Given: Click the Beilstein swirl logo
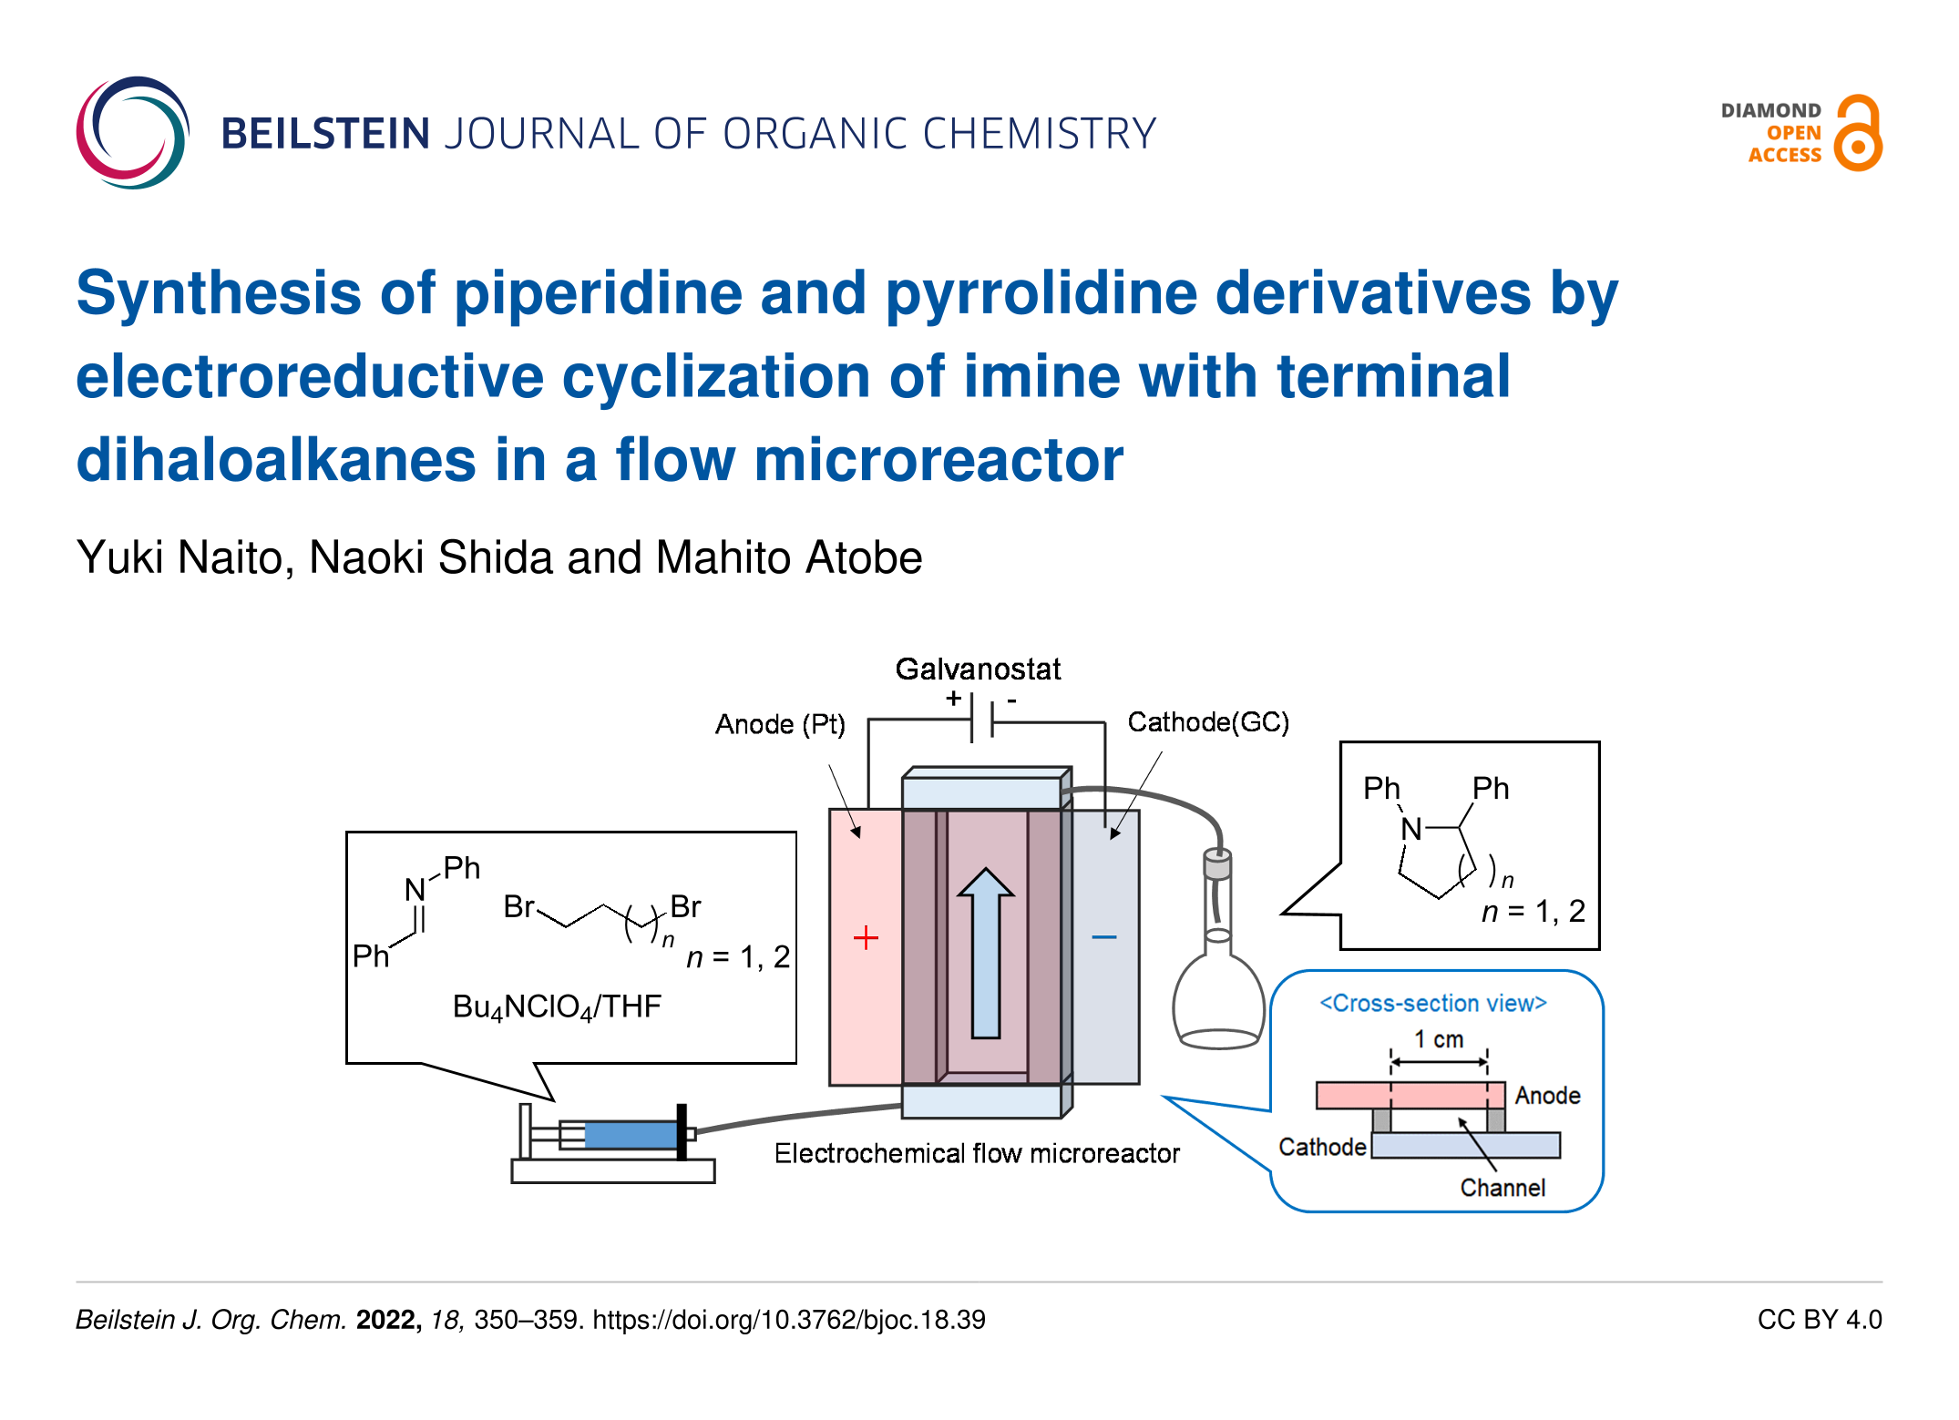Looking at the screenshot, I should (133, 133).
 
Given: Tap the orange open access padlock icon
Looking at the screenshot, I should (1858, 133).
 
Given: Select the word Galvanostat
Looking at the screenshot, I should (978, 669).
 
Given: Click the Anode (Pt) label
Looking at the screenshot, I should (780, 724).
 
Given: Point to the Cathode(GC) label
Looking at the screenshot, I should (1208, 722).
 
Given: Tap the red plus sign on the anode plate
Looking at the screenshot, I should (866, 937).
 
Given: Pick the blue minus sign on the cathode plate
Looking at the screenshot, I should (1104, 937).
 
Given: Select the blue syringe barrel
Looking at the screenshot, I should (630, 1135).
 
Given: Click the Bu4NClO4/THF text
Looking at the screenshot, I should (557, 1006).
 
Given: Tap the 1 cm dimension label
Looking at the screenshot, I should (1439, 1039).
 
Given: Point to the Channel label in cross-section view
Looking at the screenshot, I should (1503, 1188).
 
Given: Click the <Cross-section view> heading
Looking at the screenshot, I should (1433, 1003).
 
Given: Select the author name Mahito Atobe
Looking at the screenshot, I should (788, 557).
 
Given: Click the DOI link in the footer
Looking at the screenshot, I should (789, 1320).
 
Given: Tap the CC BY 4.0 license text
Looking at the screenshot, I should (1819, 1320).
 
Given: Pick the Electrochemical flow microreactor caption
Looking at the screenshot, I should (977, 1154).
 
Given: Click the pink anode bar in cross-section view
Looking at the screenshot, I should (1410, 1095).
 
